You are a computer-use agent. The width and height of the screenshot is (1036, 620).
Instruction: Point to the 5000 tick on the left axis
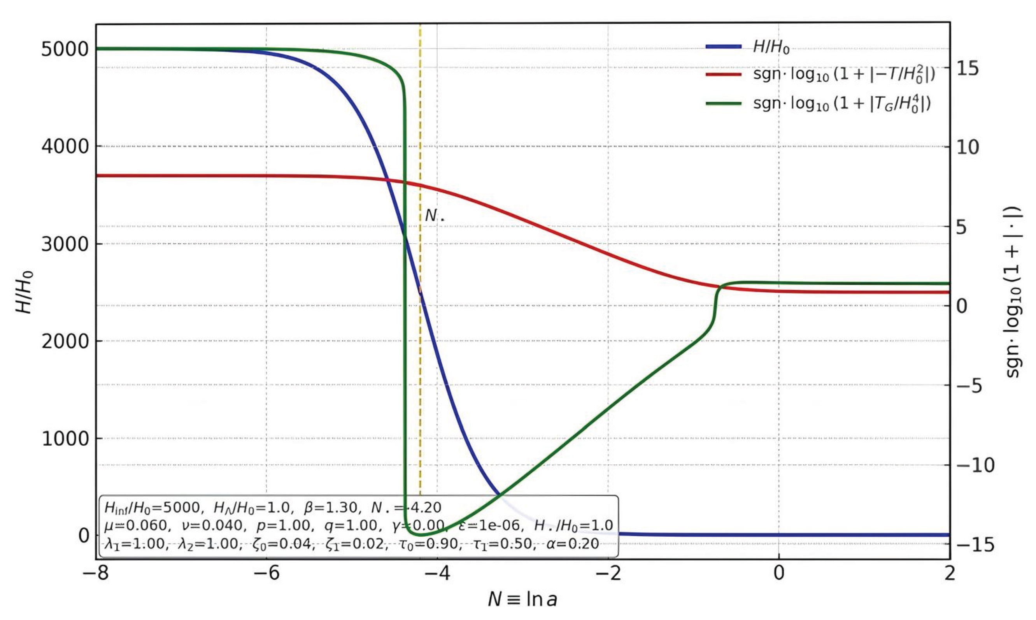[x=65, y=49]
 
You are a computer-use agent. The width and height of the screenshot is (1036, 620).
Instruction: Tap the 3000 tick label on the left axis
[x=65, y=244]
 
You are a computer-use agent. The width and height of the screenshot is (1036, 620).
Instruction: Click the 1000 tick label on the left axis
[x=65, y=439]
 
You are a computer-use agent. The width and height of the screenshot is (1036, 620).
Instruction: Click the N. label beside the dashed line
[x=434, y=216]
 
